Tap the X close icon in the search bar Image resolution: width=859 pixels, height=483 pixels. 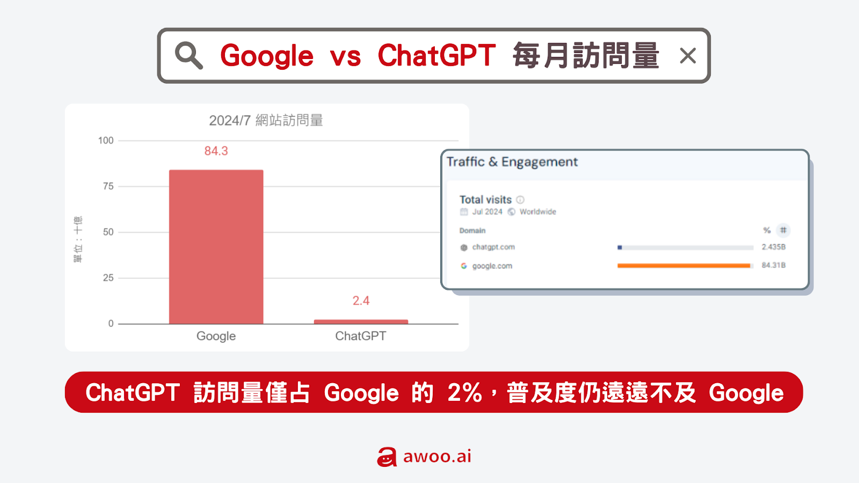[x=688, y=56]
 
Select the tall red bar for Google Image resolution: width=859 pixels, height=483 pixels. [x=216, y=247]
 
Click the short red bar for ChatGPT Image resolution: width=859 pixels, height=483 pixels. [x=361, y=321]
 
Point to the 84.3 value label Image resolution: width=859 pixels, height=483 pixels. [x=216, y=151]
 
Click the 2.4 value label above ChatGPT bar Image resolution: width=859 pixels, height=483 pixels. [x=361, y=301]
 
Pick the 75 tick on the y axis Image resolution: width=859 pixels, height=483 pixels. [x=108, y=186]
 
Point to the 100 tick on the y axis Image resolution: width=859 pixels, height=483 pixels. [x=106, y=140]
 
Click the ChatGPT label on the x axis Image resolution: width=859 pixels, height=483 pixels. [x=361, y=336]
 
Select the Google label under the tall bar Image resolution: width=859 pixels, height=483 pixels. [x=216, y=336]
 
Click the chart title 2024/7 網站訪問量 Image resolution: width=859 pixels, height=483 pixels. [x=266, y=120]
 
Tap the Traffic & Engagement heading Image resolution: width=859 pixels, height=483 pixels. [x=512, y=162]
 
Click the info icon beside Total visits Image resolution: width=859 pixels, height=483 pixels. [x=520, y=200]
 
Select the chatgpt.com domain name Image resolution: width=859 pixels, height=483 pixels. [x=493, y=247]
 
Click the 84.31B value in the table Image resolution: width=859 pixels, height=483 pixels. [x=774, y=265]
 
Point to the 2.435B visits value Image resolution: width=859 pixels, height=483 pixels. [x=774, y=247]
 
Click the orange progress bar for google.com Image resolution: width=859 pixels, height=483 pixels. [x=684, y=266]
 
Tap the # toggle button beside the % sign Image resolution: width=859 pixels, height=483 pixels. [x=783, y=230]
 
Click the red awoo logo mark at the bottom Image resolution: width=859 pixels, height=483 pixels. [x=387, y=457]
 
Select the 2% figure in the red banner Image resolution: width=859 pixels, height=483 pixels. [x=464, y=392]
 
